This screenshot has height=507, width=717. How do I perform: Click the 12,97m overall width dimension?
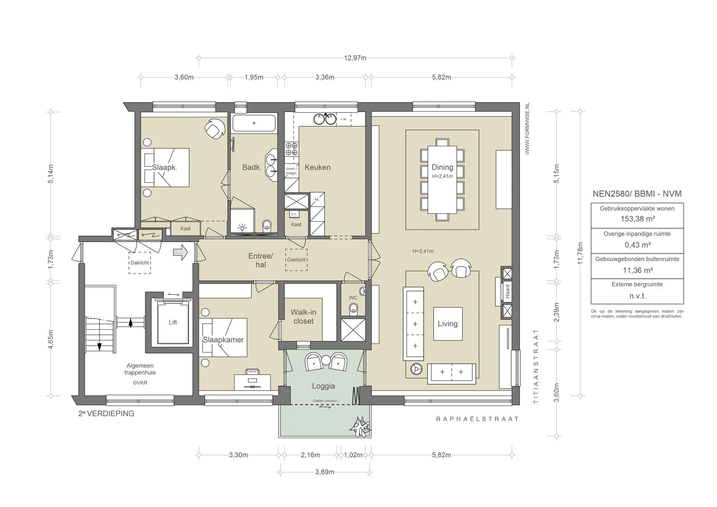355,58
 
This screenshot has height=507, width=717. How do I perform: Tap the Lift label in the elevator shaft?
173,323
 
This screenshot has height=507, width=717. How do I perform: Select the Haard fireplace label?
507,292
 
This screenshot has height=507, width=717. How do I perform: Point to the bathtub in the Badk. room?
254,123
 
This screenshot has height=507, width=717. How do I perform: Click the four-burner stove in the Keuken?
291,149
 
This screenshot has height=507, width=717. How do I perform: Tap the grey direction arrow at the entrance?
181,252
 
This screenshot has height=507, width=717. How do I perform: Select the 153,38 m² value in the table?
637,219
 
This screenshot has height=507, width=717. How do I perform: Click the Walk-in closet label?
303,317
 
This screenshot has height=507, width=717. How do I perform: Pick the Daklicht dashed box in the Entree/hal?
296,260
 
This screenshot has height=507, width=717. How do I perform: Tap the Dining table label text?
442,167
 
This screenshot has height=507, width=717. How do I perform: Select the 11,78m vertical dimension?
580,253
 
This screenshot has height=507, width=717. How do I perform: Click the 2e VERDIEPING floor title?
106,414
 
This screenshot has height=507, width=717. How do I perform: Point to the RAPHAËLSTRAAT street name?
477,419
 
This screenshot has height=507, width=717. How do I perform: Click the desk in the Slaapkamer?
252,382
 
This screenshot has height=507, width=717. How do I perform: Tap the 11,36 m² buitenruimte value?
637,270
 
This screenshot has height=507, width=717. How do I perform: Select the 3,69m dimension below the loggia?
325,472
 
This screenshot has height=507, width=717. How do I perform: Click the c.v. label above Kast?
294,214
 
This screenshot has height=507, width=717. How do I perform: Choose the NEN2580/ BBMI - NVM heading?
637,194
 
